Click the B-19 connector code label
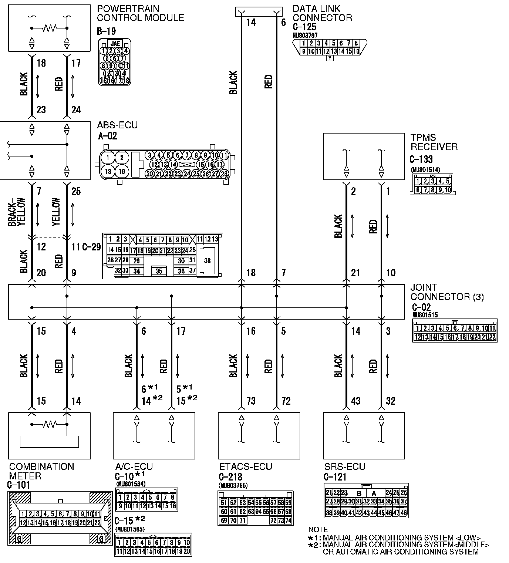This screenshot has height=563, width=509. [108, 32]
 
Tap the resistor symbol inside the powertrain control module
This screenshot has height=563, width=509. [49, 28]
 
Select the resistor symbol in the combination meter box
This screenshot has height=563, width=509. [49, 424]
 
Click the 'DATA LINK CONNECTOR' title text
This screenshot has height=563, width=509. [322, 13]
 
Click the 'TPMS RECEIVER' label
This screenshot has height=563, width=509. [434, 142]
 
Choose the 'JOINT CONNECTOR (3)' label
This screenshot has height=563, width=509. [447, 292]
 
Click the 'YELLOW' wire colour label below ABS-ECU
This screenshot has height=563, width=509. [56, 212]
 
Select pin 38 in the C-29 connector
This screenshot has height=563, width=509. [207, 261]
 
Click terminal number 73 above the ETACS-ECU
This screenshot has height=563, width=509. [251, 401]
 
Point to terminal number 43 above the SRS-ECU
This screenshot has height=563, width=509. [355, 401]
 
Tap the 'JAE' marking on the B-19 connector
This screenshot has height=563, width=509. [116, 43]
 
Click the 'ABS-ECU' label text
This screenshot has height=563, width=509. [117, 125]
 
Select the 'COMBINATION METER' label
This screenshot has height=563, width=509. [41, 471]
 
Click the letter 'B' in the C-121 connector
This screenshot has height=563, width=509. [359, 493]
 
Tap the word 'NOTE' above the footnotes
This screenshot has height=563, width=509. [318, 530]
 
